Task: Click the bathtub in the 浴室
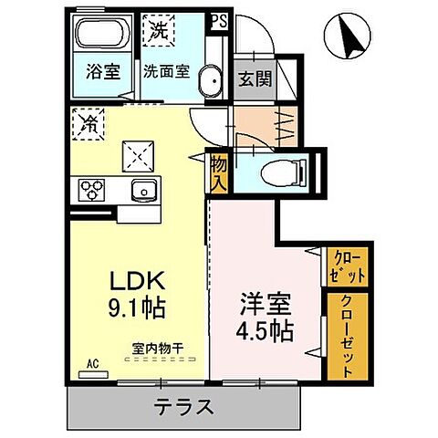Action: tap(103, 36)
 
